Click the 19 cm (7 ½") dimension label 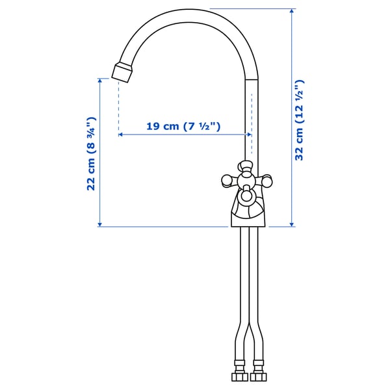184,126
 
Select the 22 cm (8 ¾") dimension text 92,153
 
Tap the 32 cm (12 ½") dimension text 300,120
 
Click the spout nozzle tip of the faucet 123,71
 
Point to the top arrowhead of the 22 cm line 100,81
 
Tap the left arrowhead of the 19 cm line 122,135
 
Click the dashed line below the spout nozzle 118,107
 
